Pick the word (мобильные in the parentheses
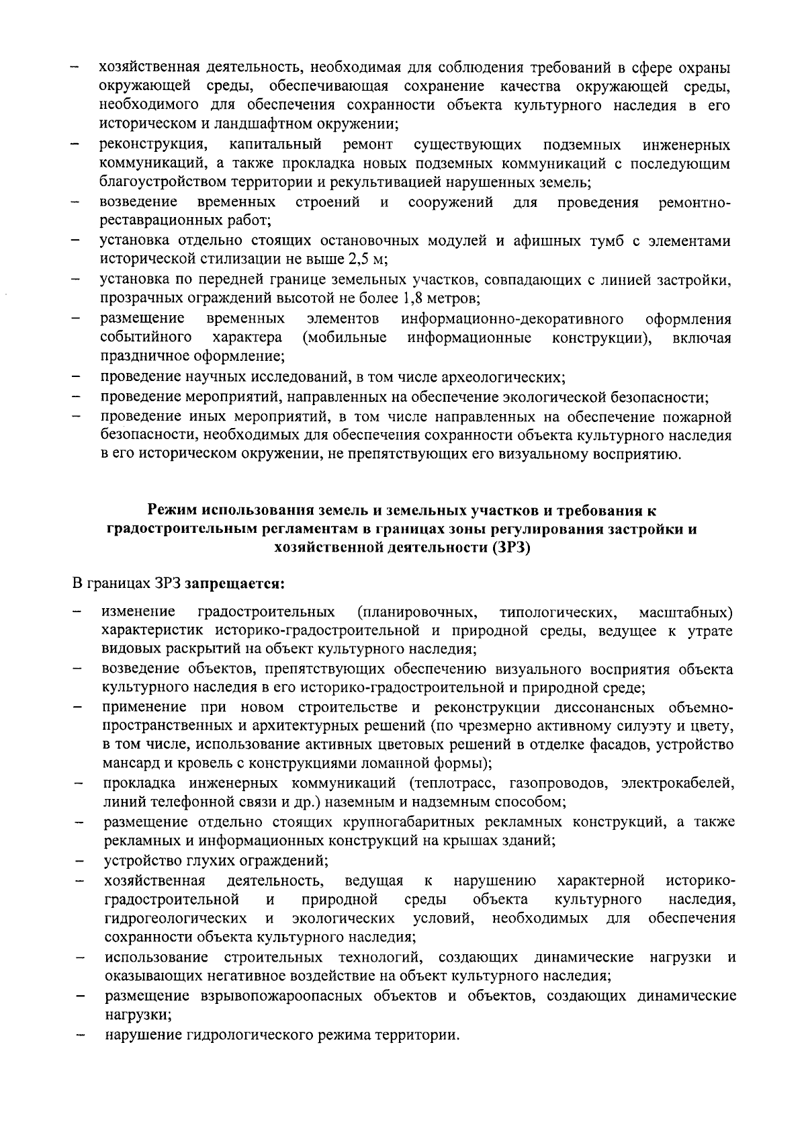tap(344, 337)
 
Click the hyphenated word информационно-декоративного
tap(512, 318)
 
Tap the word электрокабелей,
tap(678, 783)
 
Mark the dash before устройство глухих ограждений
tap(79, 861)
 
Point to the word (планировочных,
tap(417, 612)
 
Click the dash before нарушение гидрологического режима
tap(79, 1036)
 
